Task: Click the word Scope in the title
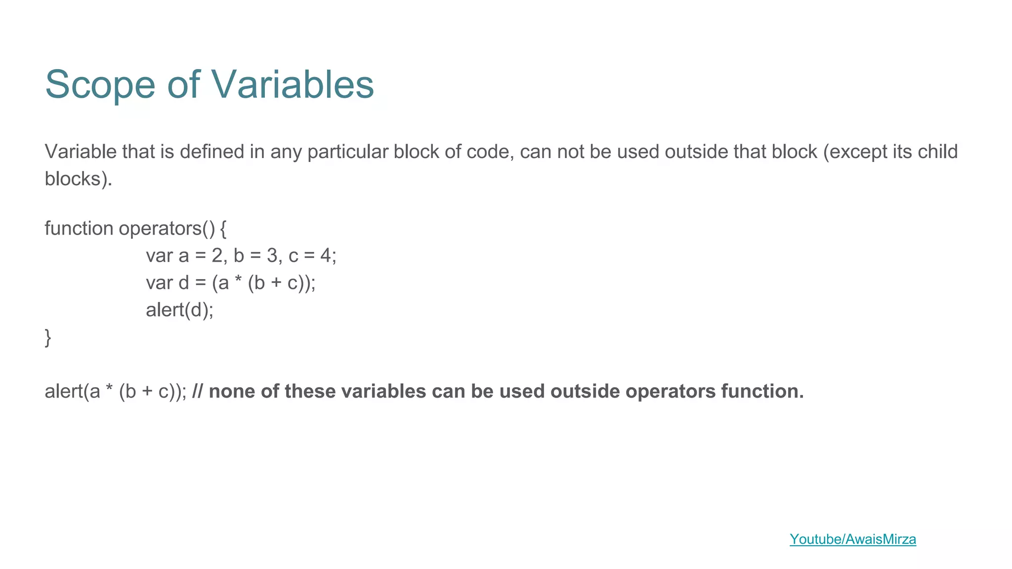100,85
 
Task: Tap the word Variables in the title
293,84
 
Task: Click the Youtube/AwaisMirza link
852,539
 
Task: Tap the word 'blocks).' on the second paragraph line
78,179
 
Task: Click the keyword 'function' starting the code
79,228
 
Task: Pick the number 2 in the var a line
217,256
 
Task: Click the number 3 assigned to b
272,256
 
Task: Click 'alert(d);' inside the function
179,310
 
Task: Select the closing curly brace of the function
48,337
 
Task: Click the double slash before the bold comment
197,391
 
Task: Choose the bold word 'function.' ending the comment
762,391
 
